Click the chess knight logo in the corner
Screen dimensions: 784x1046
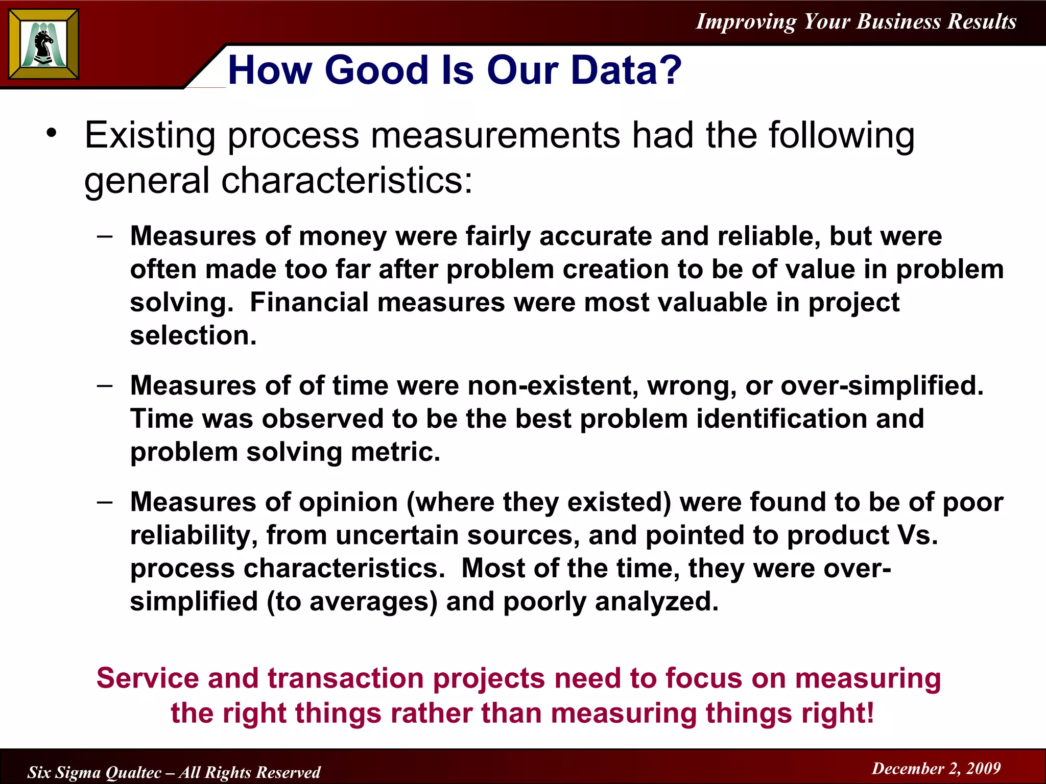point(44,45)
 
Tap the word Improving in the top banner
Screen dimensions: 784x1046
point(746,21)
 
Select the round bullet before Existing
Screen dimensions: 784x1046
point(52,134)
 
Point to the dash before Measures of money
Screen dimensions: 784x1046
point(105,236)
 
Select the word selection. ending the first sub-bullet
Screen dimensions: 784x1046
point(193,336)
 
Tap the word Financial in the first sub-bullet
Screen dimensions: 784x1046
point(313,303)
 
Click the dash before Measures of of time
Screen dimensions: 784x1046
point(105,386)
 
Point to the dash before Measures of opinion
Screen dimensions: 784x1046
point(105,502)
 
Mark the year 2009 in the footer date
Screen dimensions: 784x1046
point(983,768)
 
